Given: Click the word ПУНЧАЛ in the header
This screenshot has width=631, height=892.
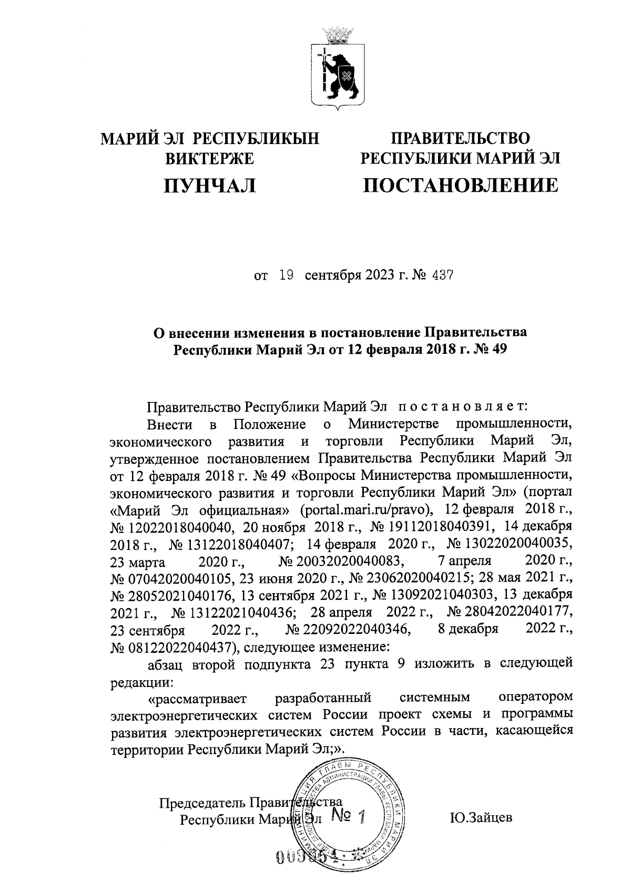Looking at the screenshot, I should click(x=210, y=185).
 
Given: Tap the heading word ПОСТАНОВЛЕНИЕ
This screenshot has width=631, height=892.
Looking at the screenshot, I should click(x=461, y=185).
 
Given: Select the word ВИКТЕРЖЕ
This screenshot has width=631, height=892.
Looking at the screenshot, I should click(x=210, y=158).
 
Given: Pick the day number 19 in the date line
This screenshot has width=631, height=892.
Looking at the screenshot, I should click(x=286, y=275).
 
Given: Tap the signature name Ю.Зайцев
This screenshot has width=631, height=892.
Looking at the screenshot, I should click(x=481, y=818).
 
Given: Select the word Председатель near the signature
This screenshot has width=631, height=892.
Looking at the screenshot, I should click(x=203, y=802).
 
